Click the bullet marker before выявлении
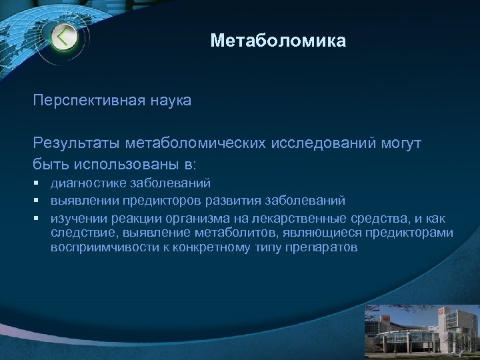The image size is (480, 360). [39, 200]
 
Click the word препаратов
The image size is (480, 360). [325, 247]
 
